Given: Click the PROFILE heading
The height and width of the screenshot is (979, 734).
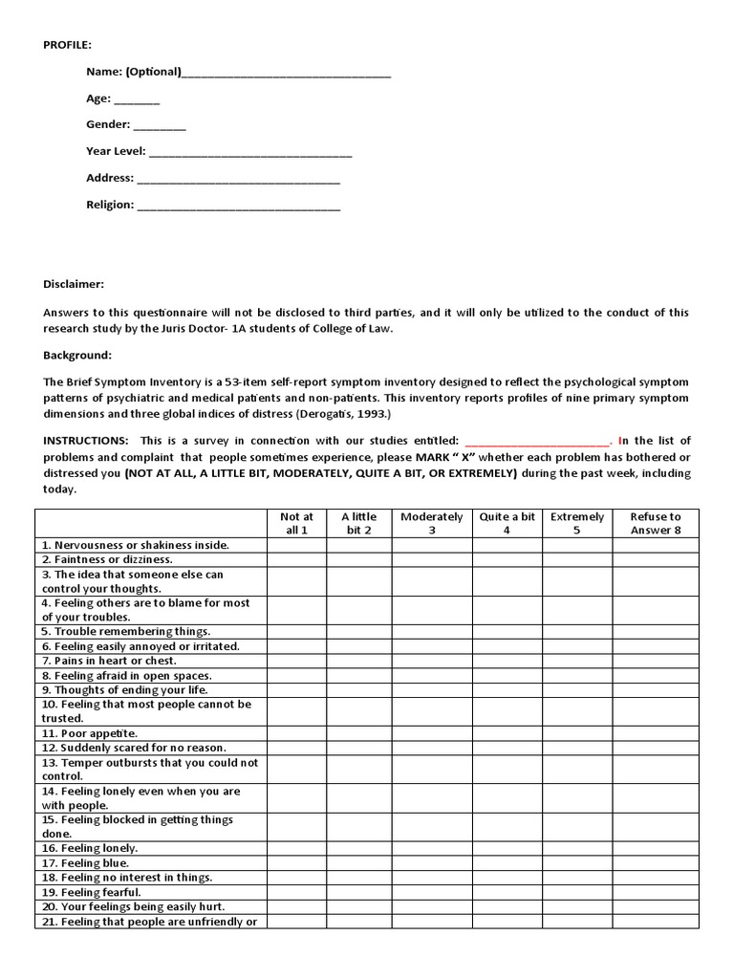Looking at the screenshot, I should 68,45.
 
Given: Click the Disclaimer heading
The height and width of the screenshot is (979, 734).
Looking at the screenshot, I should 74,284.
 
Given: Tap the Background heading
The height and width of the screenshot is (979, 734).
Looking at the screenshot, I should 77,356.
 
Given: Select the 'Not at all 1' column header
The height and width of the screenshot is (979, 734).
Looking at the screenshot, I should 296,523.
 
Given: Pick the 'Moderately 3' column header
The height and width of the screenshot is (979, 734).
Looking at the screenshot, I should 431,523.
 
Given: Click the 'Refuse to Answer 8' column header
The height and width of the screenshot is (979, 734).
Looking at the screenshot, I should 656,523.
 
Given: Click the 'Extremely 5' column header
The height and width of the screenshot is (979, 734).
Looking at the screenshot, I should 577,523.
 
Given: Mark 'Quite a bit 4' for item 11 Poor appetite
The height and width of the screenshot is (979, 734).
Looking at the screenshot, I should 507,733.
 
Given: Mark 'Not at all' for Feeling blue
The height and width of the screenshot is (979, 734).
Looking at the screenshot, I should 296,863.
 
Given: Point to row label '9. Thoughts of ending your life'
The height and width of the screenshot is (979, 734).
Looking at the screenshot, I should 125,689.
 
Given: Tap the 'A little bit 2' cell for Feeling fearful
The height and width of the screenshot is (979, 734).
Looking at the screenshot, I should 358,892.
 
